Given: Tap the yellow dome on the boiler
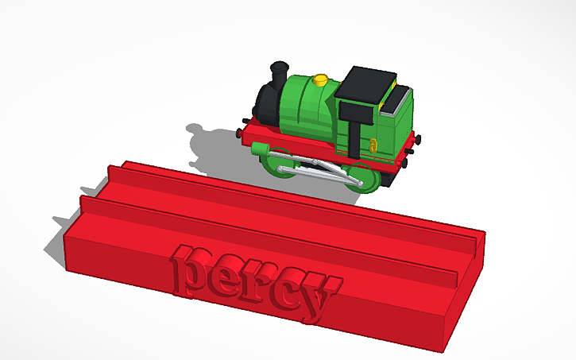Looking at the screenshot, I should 320,79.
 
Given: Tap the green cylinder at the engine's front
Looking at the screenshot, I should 261,149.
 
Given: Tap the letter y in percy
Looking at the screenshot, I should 317,303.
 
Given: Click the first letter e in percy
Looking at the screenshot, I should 226,276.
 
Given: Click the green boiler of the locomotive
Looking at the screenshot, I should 305,103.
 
